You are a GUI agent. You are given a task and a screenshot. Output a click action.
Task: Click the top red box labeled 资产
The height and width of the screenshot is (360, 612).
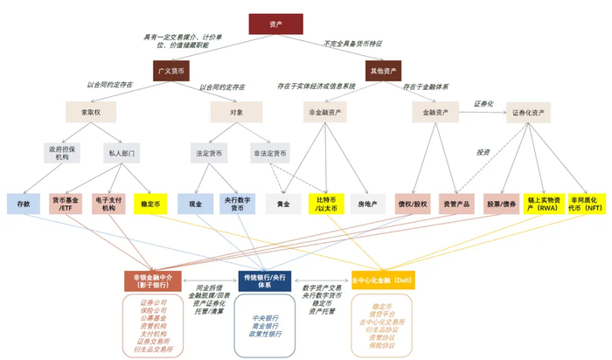click(x=275, y=24)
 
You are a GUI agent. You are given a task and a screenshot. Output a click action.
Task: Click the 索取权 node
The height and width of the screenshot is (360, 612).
click(x=90, y=112)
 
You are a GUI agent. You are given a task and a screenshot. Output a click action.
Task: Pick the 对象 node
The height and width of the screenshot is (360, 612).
click(x=236, y=112)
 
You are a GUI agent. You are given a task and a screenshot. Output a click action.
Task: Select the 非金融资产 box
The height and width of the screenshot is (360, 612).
click(x=324, y=112)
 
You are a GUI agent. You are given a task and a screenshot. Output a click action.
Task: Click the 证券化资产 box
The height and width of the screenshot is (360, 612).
click(x=530, y=112)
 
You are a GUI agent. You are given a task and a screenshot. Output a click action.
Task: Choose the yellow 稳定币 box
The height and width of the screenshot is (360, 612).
click(x=150, y=204)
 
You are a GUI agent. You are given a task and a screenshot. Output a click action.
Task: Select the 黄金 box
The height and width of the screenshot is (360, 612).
click(x=282, y=204)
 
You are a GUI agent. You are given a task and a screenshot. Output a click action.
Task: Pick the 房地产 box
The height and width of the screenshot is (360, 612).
click(x=368, y=204)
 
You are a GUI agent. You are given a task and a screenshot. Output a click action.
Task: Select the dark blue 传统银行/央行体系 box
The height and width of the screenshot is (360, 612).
click(x=267, y=280)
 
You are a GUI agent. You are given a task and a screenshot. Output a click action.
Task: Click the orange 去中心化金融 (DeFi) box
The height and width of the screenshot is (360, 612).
click(x=382, y=280)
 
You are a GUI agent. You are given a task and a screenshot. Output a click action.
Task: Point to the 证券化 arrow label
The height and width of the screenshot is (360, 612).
click(x=483, y=104)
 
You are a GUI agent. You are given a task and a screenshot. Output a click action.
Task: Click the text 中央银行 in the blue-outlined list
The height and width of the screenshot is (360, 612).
click(x=266, y=318)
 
